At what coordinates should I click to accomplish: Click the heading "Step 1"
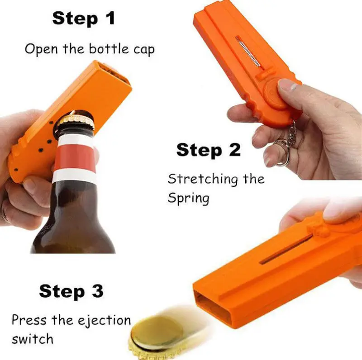pyautogui.click(x=83, y=19)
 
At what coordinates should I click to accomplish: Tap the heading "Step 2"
pyautogui.click(x=208, y=150)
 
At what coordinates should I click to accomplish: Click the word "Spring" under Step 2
pyautogui.click(x=188, y=199)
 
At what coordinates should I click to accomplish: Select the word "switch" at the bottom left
pyautogui.click(x=33, y=339)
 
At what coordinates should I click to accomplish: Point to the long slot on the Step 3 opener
pyautogui.click(x=285, y=249)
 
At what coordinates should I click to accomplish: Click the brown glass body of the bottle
pyautogui.click(x=72, y=222)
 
